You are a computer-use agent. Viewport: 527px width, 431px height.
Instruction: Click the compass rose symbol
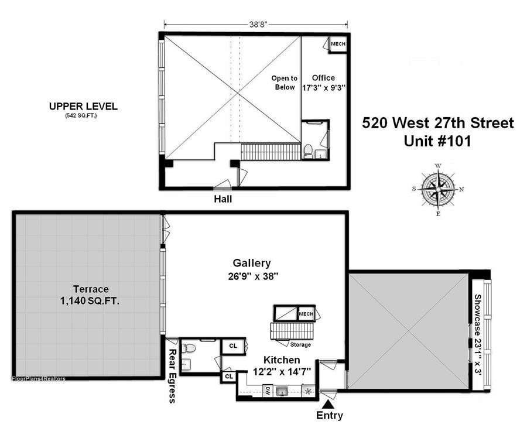438,189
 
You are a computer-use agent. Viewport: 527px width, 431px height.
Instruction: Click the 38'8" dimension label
258,24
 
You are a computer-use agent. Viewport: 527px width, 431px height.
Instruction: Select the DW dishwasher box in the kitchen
268,391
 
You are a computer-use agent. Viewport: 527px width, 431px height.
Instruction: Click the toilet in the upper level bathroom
308,151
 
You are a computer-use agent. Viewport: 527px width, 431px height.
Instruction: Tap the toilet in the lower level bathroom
189,348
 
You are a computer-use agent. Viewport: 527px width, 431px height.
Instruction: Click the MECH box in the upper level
338,44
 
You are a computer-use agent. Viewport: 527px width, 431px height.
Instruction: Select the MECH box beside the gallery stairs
306,314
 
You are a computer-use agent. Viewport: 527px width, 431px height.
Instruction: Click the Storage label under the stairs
300,344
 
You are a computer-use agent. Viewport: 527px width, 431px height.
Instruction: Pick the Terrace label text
91,289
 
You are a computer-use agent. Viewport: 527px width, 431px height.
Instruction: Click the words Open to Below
285,83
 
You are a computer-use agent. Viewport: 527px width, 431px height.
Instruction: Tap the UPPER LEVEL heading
83,107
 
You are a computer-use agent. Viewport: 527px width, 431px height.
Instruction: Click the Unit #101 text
437,141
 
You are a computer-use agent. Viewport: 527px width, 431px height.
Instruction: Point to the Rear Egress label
172,376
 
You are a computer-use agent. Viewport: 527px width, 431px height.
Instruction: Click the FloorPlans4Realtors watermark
39,378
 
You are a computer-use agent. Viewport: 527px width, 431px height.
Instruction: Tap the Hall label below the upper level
223,199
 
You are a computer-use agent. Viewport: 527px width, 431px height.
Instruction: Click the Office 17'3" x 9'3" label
324,83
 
